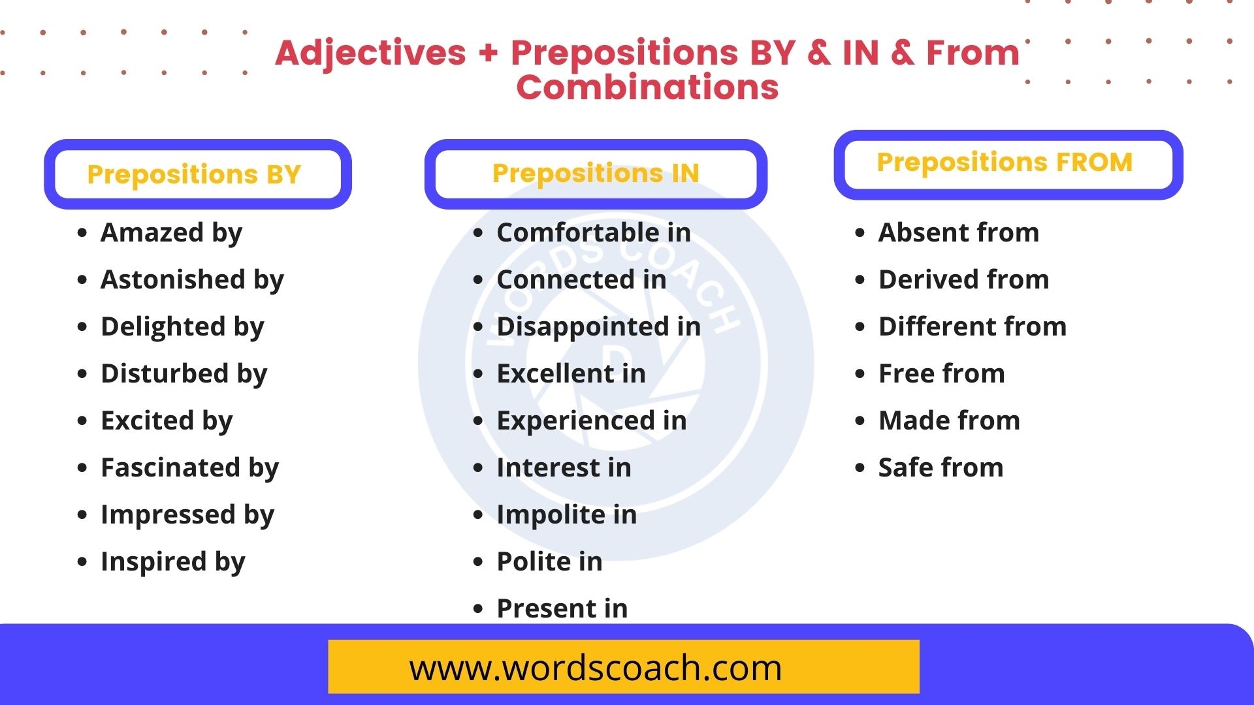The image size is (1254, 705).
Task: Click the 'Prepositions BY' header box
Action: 197,174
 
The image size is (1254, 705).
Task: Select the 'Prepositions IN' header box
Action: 595,174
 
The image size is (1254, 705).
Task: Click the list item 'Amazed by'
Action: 171,233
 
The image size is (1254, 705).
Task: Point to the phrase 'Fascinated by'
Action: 189,468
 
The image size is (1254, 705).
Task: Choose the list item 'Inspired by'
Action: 172,562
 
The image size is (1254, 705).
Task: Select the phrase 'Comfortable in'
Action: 593,232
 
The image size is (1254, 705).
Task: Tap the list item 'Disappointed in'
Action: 598,326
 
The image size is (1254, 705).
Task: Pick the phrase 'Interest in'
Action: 564,467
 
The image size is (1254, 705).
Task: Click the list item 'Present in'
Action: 562,608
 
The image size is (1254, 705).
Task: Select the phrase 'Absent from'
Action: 958,232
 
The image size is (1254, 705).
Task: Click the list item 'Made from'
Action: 949,420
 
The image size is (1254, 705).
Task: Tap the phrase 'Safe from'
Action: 940,467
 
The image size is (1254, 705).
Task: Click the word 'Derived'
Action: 928,279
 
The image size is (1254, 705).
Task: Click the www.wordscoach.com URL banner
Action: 623,667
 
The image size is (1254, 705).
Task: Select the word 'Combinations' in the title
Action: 647,87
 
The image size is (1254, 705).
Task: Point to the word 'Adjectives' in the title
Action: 371,53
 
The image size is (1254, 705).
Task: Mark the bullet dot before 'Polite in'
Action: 478,562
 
